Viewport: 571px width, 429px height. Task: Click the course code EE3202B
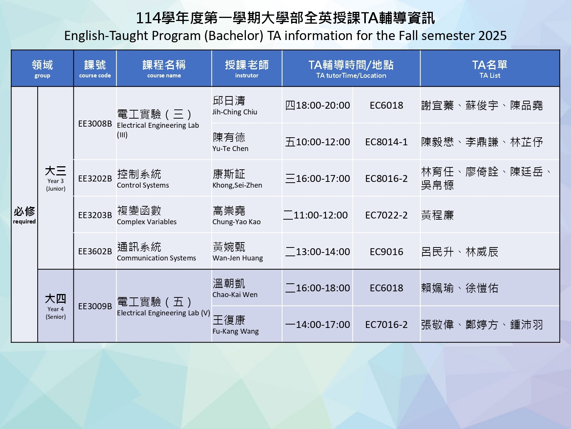(95, 178)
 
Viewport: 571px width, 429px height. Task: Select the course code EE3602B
(95, 251)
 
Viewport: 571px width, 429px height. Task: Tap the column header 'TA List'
(490, 76)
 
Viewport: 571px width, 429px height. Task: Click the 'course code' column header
(95, 76)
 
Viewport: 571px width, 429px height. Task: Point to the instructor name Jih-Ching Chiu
(234, 112)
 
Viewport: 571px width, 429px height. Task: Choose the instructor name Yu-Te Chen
(230, 148)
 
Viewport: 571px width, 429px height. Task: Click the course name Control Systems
(143, 185)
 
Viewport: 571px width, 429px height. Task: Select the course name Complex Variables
(147, 222)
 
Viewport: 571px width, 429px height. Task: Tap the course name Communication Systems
(156, 258)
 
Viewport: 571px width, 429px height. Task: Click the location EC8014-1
(386, 142)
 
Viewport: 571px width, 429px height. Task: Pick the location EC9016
(386, 252)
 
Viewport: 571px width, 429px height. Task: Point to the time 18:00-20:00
(323, 106)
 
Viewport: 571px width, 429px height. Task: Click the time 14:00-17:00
(323, 325)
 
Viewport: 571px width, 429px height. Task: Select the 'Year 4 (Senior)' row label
(56, 313)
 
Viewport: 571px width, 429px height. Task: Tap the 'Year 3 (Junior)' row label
(56, 185)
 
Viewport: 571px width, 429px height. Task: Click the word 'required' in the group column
(24, 222)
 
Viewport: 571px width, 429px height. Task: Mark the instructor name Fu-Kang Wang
(235, 331)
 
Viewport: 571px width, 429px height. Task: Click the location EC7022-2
(386, 215)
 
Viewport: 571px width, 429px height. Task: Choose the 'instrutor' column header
(247, 76)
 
